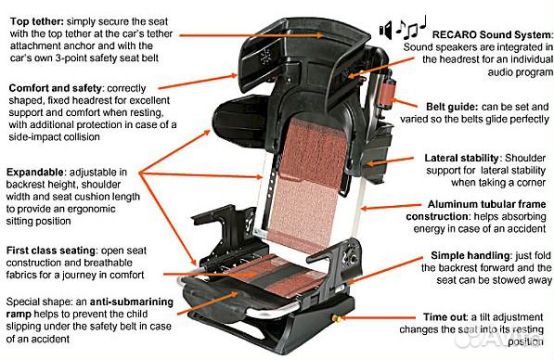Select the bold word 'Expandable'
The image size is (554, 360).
click(36, 173)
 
